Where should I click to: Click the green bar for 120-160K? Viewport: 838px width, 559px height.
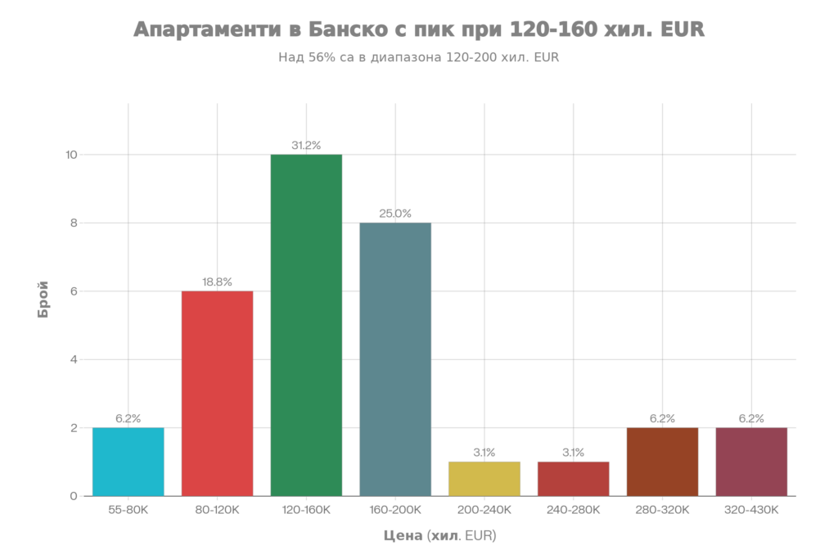pos(306,325)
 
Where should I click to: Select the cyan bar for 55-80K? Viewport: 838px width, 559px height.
pos(128,462)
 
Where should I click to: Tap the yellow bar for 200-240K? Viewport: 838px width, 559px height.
pos(484,479)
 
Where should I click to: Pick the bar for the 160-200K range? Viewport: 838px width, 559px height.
pos(394,359)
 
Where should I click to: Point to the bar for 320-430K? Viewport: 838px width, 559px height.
pos(750,462)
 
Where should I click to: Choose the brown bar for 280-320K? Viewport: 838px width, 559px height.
pos(662,462)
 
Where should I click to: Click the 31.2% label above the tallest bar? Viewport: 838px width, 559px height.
pos(306,146)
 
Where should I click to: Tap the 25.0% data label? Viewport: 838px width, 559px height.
pos(394,214)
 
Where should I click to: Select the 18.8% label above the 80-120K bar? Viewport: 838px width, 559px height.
pos(217,282)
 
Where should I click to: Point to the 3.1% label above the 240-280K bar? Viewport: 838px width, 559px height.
pos(573,452)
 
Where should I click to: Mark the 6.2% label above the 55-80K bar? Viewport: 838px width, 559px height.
pos(128,418)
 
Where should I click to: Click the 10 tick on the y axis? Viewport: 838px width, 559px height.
pos(71,155)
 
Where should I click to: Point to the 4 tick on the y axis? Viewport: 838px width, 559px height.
pos(74,359)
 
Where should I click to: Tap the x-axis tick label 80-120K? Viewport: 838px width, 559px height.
pos(217,510)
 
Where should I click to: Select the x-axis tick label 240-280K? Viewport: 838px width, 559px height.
pos(573,510)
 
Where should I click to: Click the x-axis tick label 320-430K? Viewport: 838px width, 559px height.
pos(750,510)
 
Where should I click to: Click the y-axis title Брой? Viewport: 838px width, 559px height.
pos(43,300)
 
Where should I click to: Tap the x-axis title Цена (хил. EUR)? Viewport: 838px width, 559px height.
pos(439,536)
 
